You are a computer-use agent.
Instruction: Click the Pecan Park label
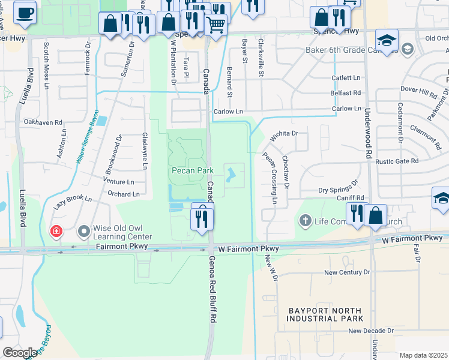193,170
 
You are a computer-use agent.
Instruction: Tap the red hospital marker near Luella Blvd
56,231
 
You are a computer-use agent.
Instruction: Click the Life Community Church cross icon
305,221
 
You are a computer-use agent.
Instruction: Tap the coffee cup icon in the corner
25,13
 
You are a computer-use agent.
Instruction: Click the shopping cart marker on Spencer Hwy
215,25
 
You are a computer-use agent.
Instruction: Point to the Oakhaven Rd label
43,122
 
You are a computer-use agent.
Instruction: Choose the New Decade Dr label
370,331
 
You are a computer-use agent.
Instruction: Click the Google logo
19,353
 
